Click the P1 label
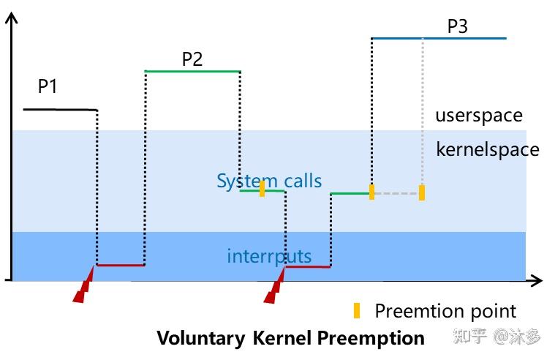pos(48,87)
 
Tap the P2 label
pos(192,59)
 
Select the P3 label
pos(457,27)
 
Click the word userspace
pos(479,116)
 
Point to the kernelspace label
pos(488,150)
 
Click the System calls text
pos(268,181)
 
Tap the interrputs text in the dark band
pos(269,256)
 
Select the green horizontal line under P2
pos(192,71)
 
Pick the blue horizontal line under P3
pos(439,38)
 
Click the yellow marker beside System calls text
pos(262,189)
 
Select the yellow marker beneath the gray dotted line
pos(421,192)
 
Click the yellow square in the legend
pos(357,311)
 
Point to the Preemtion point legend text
pos(445,311)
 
